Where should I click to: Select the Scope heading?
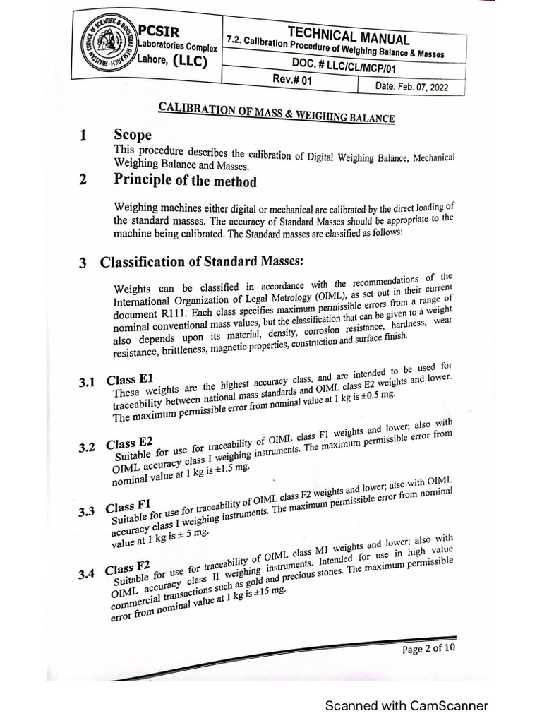tap(133, 135)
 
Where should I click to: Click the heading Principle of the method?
tap(185, 180)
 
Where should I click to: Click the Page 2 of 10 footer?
tap(428, 650)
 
